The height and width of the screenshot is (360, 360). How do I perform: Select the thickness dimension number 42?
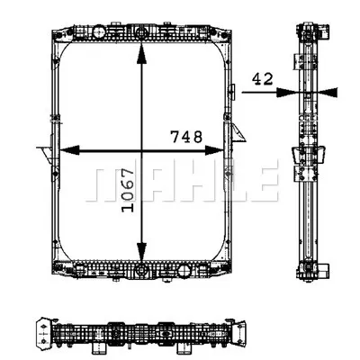(263, 79)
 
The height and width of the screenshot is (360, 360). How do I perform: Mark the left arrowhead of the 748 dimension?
(65, 149)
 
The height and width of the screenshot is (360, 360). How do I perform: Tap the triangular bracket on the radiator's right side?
(238, 135)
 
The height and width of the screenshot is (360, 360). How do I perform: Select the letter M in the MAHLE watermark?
(106, 184)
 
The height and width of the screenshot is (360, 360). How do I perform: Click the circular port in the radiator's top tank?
(140, 35)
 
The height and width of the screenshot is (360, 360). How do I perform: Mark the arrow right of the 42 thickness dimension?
(328, 91)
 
